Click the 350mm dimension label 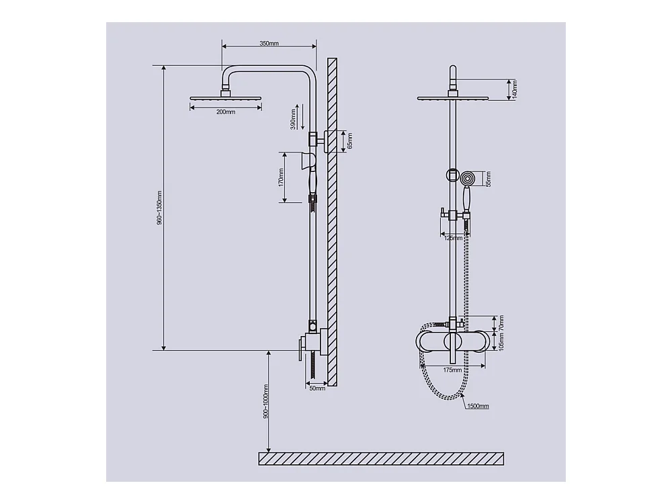[x=269, y=43]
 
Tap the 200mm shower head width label [x=226, y=112]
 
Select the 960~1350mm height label [x=159, y=208]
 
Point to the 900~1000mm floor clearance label [x=265, y=401]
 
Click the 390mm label [x=293, y=119]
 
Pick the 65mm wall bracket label [x=349, y=140]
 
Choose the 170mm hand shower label [x=281, y=177]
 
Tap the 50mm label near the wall [x=317, y=388]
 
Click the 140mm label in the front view [x=515, y=89]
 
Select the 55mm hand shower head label [x=488, y=179]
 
